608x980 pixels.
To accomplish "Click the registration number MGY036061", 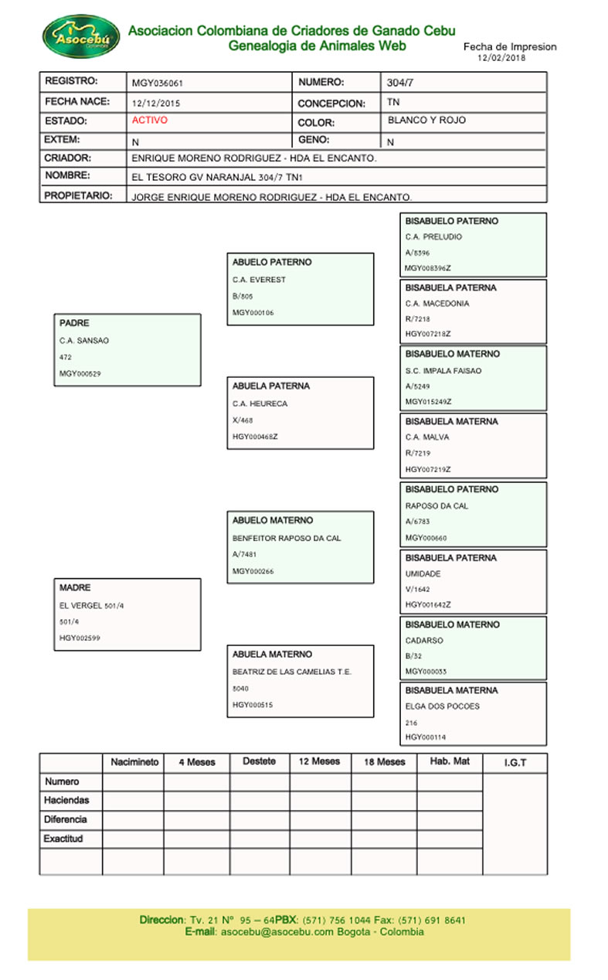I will pyautogui.click(x=157, y=83).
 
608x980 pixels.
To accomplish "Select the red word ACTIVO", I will pyautogui.click(x=149, y=121).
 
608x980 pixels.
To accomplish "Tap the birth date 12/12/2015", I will pyautogui.click(x=157, y=103).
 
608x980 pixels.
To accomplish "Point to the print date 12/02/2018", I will pyautogui.click(x=502, y=58).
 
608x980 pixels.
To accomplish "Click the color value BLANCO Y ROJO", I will pyautogui.click(x=426, y=121).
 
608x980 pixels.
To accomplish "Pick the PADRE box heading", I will pyautogui.click(x=74, y=324).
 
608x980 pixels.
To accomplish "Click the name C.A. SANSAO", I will pyautogui.click(x=84, y=341).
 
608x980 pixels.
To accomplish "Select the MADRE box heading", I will pyautogui.click(x=75, y=588).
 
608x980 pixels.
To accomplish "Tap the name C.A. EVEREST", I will pyautogui.click(x=259, y=280).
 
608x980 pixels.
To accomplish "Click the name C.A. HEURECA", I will pyautogui.click(x=260, y=403).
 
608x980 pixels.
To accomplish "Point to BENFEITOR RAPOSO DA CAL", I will pyautogui.click(x=287, y=538).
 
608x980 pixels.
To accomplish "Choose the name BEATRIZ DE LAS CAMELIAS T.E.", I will pyautogui.click(x=292, y=672).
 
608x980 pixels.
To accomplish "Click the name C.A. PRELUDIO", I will pyautogui.click(x=433, y=237).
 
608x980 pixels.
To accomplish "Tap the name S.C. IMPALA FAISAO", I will pyautogui.click(x=443, y=371).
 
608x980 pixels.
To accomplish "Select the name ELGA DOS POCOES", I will pyautogui.click(x=442, y=706).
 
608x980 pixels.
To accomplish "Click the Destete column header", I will pyautogui.click(x=259, y=761).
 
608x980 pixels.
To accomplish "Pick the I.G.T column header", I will pyautogui.click(x=515, y=763).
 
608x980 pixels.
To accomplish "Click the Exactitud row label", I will pyautogui.click(x=63, y=839).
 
